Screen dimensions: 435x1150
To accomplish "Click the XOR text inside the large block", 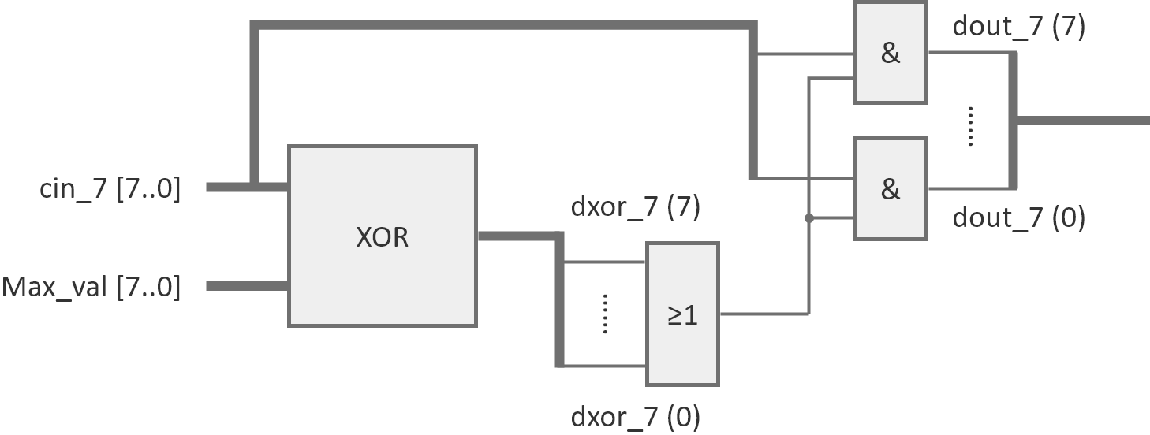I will [383, 237].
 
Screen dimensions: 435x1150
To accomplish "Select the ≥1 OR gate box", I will [682, 314].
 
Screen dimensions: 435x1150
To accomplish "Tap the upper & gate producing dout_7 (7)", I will [890, 53].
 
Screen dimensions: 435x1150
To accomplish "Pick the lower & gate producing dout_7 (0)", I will [890, 189].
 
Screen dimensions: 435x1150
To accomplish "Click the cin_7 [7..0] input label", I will [110, 189].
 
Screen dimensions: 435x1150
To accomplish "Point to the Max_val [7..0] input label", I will [91, 287].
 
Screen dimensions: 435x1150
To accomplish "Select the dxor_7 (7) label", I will [635, 208].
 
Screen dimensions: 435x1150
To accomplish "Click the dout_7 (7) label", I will [1018, 27].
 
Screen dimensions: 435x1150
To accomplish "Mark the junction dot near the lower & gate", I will [808, 218].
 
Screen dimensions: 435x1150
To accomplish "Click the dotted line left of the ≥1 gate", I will [605, 314].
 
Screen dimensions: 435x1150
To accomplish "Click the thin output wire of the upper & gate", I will [969, 53].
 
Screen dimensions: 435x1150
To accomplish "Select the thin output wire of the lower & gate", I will [969, 189].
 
